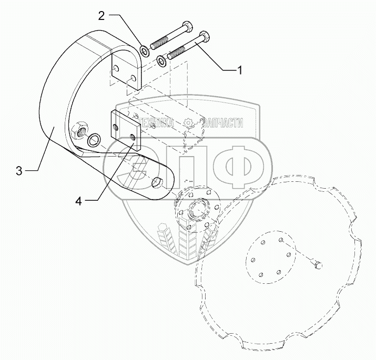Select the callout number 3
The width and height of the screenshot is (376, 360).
(x=19, y=171)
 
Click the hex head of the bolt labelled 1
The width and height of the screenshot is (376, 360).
(x=206, y=38)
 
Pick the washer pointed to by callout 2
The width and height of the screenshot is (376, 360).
(x=145, y=52)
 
